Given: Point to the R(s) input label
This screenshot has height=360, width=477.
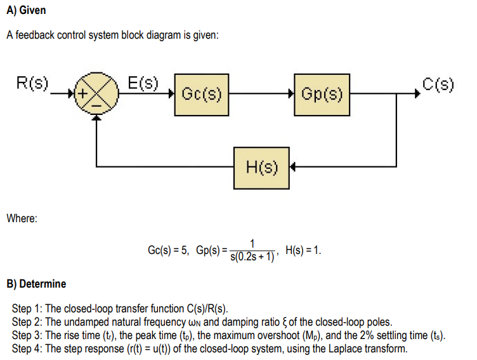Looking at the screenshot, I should pos(32,83).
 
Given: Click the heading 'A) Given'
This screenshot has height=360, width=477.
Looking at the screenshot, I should pos(26,11).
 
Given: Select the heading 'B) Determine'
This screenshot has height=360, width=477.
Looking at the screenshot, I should pos(36,283).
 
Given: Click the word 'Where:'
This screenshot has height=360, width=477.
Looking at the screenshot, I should pos(22,218).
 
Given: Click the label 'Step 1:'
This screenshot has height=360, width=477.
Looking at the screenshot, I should pos(29,309).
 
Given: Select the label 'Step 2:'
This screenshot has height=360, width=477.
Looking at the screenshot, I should pos(29,322).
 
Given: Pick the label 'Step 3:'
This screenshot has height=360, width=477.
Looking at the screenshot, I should pos(29,335).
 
